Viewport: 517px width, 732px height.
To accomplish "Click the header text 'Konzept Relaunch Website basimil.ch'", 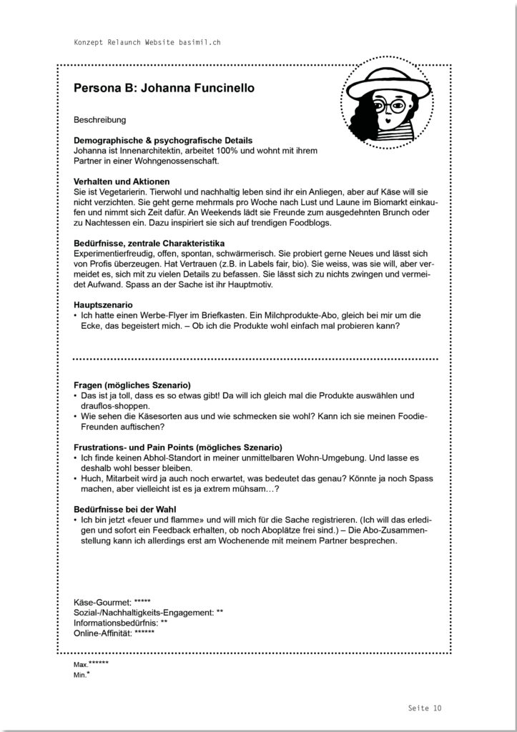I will pyautogui.click(x=147, y=43).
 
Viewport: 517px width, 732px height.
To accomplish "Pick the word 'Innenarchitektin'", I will pyautogui.click(x=139, y=151).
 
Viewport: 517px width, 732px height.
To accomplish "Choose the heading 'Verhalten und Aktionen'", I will pyautogui.click(x=122, y=182).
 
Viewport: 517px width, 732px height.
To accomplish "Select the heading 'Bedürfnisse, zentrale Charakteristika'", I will pyautogui.click(x=149, y=244).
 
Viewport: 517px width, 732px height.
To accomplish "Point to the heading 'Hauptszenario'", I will pyautogui.click(x=103, y=305).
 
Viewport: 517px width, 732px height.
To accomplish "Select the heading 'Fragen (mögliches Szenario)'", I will pyautogui.click(x=132, y=385).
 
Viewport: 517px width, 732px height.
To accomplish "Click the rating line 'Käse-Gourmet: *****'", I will pyautogui.click(x=112, y=603).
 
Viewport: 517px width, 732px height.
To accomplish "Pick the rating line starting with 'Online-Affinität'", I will pyautogui.click(x=114, y=633).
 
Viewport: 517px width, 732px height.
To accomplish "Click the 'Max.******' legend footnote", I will pyautogui.click(x=91, y=664).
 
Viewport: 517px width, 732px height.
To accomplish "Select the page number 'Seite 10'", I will pyautogui.click(x=424, y=708).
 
